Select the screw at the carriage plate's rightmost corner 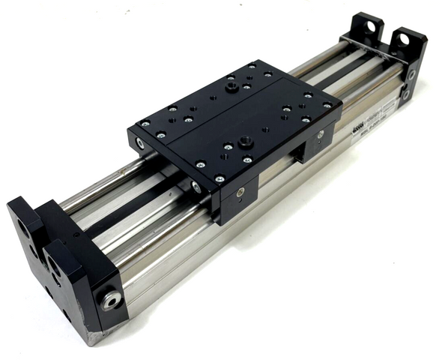pos(327,106)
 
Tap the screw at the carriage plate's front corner pos(220,179)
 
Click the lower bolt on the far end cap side pos(405,95)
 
